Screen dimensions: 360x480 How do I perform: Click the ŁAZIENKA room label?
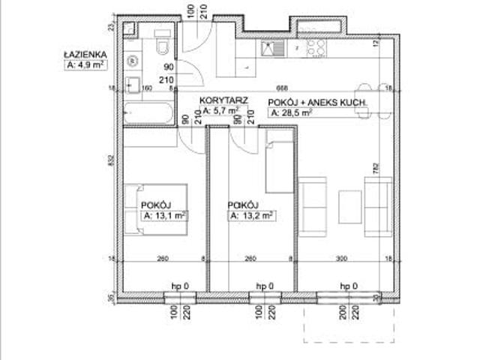tap(86, 54)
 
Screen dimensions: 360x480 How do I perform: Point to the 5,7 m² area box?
tap(223, 110)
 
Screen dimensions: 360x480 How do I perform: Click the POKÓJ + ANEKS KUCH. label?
tap(316, 102)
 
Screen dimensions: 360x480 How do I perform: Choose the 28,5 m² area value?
tap(291, 112)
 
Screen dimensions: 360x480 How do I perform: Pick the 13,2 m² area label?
tap(250, 214)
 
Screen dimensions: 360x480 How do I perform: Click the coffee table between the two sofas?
tap(350, 202)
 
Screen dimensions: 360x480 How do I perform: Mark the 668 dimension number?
tap(281, 85)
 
